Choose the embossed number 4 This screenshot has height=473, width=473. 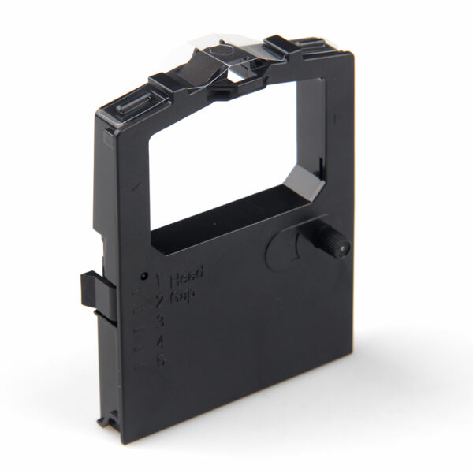tap(161, 341)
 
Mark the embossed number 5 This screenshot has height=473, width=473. tap(162, 362)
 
